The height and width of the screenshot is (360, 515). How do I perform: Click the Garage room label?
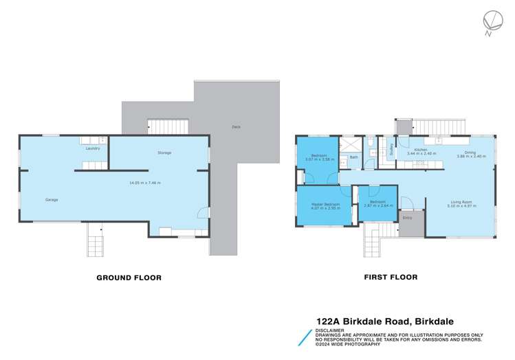pyautogui.click(x=52, y=200)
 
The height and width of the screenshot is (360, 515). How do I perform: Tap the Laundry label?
pyautogui.click(x=93, y=148)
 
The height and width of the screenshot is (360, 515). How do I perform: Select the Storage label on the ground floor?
pyautogui.click(x=164, y=153)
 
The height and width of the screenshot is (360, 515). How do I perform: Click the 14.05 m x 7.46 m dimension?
pyautogui.click(x=145, y=183)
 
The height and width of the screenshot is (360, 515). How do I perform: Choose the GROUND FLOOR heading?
pyautogui.click(x=129, y=278)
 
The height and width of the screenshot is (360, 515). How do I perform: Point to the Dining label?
pyautogui.click(x=470, y=152)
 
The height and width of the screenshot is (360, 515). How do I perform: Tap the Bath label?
pyautogui.click(x=354, y=157)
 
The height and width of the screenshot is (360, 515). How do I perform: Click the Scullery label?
pyautogui.click(x=391, y=150)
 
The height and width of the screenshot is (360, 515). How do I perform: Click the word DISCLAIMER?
pyautogui.click(x=329, y=330)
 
